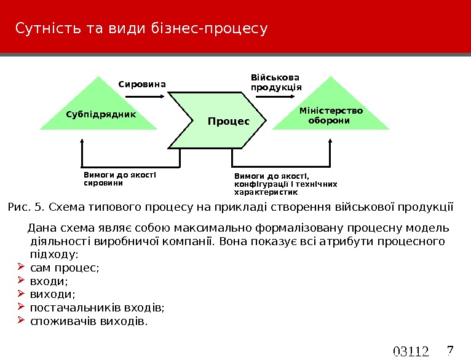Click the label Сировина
coord(142,84)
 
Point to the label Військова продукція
coord(276,82)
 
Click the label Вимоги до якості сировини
coord(120,179)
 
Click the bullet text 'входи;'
coord(49,281)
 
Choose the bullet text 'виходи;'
coord(52,294)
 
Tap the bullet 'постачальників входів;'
coord(98,308)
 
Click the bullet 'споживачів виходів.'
coord(89,321)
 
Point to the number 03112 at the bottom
coord(410,352)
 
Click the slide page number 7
coord(449,350)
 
